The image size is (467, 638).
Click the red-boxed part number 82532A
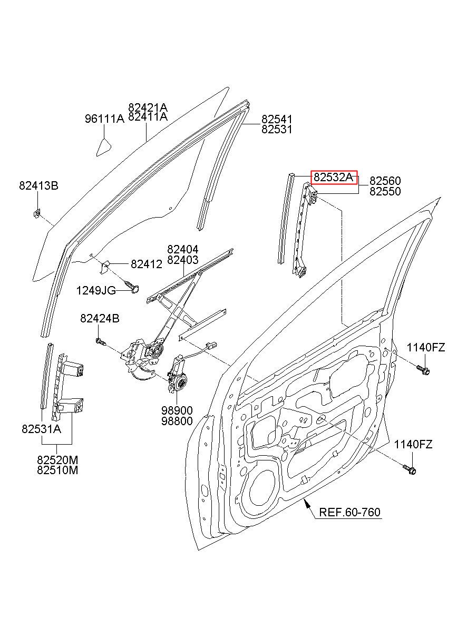coord(333,178)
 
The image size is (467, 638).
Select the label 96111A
coord(104,119)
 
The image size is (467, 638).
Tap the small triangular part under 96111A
coord(104,148)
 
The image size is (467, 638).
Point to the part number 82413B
coord(39,185)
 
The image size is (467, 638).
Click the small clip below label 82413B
coord(36,213)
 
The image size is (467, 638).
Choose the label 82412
coord(147,264)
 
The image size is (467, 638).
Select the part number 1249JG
coord(96,290)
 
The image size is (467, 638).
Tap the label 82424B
coord(100,318)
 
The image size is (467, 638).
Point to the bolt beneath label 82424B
coord(101,341)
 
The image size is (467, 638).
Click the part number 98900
coord(177,410)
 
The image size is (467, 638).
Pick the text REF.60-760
coord(349,512)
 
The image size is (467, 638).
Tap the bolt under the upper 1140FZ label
coord(423,370)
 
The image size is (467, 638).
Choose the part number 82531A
coord(41,429)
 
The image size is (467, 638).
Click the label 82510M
coord(57,470)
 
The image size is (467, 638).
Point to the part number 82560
coord(385,181)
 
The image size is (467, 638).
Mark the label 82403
coord(183,260)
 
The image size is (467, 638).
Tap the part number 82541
coord(277,119)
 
